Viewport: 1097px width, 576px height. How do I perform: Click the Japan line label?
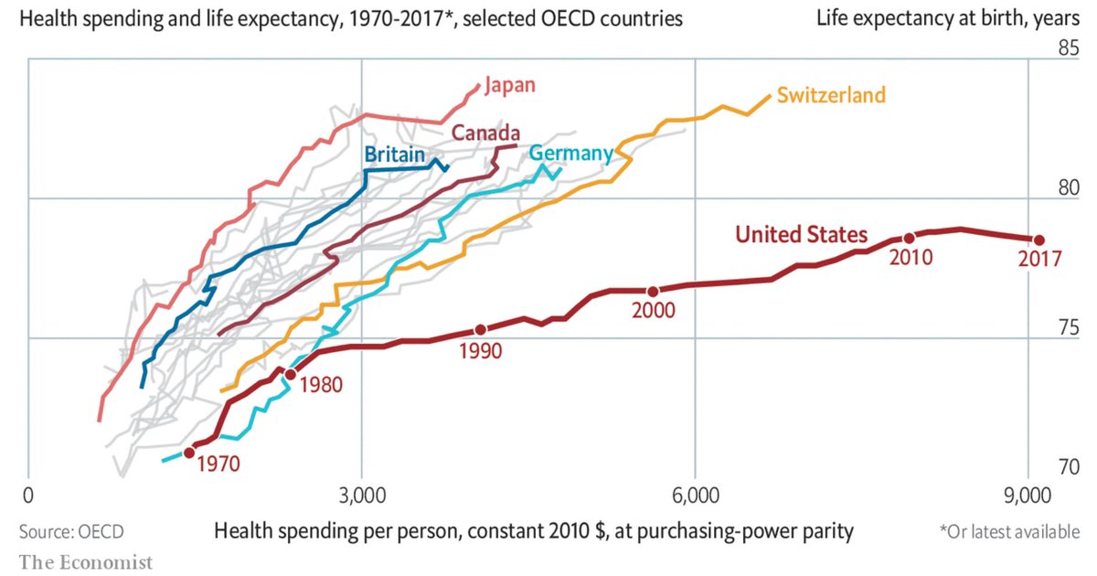(510, 85)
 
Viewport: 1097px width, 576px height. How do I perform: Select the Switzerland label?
(831, 94)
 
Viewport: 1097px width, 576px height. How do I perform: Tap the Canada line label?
(486, 133)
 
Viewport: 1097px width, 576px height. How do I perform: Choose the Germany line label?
(570, 153)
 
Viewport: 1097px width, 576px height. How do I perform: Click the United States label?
(802, 235)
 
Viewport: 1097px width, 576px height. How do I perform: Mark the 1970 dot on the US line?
(189, 453)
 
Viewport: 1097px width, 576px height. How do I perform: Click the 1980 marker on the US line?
(291, 374)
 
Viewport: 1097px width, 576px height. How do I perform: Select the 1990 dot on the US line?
(481, 329)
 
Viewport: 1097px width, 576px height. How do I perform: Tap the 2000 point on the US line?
(653, 291)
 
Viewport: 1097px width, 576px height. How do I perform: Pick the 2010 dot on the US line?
(909, 239)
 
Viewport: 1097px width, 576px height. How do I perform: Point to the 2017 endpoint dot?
(1038, 240)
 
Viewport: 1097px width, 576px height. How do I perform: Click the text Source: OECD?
(71, 531)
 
